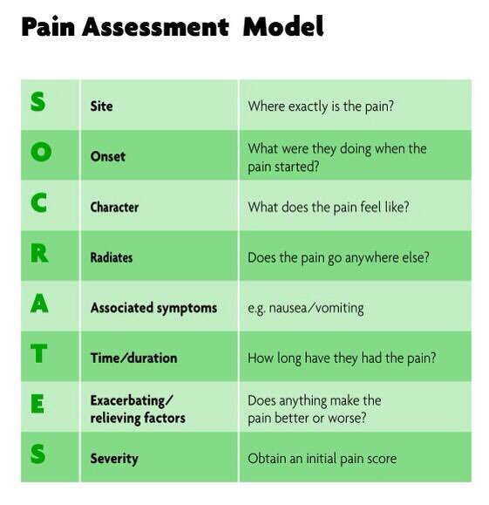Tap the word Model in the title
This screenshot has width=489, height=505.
pyautogui.click(x=283, y=27)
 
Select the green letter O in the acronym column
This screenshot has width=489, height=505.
pyautogui.click(x=39, y=153)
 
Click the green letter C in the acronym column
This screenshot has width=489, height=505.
pyautogui.click(x=39, y=203)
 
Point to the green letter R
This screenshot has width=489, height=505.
pyautogui.click(x=39, y=254)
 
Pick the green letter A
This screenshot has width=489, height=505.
pyautogui.click(x=39, y=304)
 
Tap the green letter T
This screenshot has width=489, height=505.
pyautogui.click(x=39, y=355)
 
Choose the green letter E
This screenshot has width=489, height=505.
pyautogui.click(x=39, y=405)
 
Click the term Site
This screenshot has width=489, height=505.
pyautogui.click(x=101, y=106)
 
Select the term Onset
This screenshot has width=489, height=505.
pyautogui.click(x=108, y=157)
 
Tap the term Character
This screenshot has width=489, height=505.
pyautogui.click(x=115, y=208)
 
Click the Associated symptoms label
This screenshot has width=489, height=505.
pyautogui.click(x=153, y=308)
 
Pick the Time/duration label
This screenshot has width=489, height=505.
pyautogui.click(x=133, y=358)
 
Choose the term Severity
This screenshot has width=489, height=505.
pyautogui.click(x=114, y=459)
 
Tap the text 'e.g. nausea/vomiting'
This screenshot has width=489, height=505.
pyautogui.click(x=306, y=308)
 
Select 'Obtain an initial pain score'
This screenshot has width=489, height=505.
pyautogui.click(x=322, y=459)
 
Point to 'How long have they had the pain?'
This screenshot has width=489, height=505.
pyautogui.click(x=342, y=358)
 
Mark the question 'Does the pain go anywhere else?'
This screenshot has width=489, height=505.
pyautogui.click(x=338, y=257)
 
